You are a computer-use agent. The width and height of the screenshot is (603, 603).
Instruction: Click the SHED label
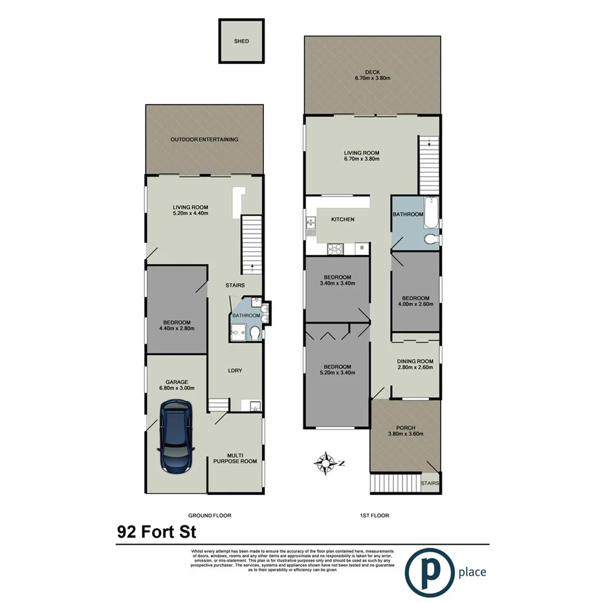pyautogui.click(x=241, y=41)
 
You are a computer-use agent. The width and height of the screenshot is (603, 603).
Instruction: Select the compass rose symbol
pyautogui.click(x=326, y=463)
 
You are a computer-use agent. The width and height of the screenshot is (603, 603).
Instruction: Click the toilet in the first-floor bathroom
pyautogui.click(x=429, y=240)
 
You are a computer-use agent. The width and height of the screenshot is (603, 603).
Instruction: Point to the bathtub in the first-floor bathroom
pyautogui.click(x=431, y=215)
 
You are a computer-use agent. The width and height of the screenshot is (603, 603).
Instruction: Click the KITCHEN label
pyautogui.click(x=343, y=219)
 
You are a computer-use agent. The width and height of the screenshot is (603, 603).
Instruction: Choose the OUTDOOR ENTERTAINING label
pyautogui.click(x=204, y=139)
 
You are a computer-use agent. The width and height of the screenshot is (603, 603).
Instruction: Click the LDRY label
pyautogui.click(x=235, y=371)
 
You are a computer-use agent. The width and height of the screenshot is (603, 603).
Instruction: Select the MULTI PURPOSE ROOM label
pyautogui.click(x=236, y=457)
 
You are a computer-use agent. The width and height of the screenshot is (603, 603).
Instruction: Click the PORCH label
pyautogui.click(x=406, y=428)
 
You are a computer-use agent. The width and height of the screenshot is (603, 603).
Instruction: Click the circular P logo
pyautogui.click(x=428, y=570)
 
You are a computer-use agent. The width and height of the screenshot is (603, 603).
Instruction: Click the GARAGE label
pyautogui.click(x=177, y=382)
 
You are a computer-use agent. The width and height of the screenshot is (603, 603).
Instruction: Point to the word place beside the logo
pyautogui.click(x=472, y=572)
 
